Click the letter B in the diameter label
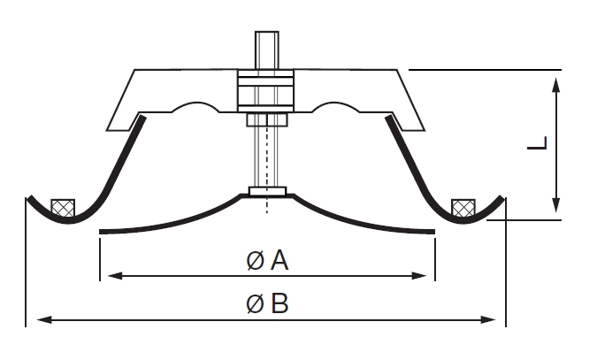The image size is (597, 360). [x=279, y=304]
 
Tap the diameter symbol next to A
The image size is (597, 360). [x=255, y=261]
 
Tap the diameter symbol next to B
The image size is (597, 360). [x=255, y=305]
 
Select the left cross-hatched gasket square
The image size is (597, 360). [x=63, y=206]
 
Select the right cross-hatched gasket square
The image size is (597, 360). [x=463, y=207]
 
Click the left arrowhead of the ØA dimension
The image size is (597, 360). [x=109, y=277]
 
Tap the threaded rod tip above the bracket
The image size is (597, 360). [x=266, y=44]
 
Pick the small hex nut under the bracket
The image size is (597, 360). [x=265, y=120]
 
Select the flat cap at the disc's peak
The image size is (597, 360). [x=265, y=190]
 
